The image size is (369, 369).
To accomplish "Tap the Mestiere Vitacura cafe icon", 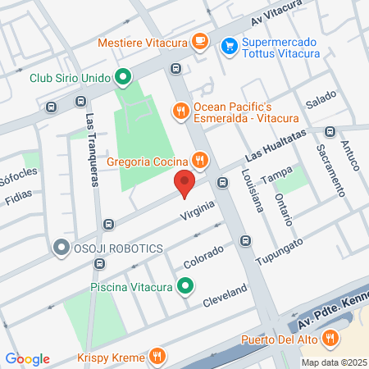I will coord(199,42).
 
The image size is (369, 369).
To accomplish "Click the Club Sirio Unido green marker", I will coord(123,78).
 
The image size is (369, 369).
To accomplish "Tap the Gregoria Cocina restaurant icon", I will coord(198,159).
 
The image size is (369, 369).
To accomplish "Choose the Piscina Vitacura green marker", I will coord(186,286).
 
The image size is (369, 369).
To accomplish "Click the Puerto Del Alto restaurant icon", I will coord(330,337).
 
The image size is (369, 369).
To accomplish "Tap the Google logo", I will coord(27,358).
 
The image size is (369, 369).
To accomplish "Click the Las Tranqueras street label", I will coord(93,144).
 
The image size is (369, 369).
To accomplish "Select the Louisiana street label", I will coord(252,190).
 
